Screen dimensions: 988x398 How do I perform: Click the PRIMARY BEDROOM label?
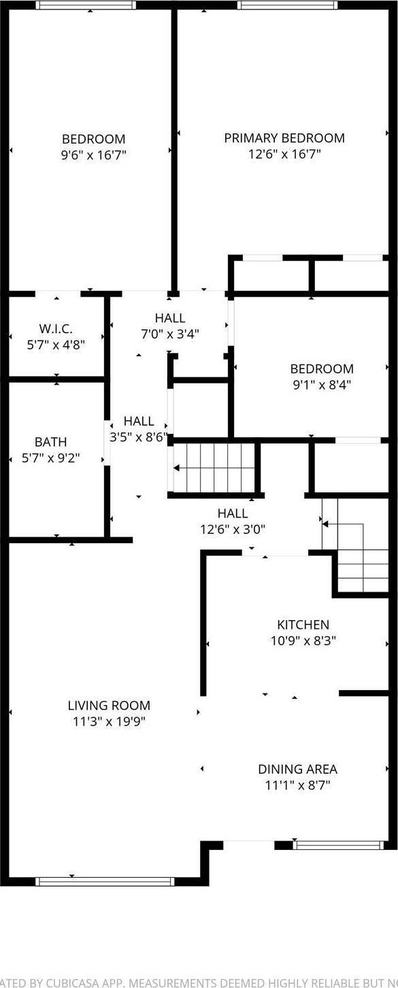(x=284, y=138)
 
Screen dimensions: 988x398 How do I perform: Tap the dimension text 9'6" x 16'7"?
(x=93, y=155)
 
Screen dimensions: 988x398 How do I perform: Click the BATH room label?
(x=51, y=442)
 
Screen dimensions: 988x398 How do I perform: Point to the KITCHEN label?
(x=303, y=624)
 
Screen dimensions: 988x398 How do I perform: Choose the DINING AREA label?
(x=297, y=769)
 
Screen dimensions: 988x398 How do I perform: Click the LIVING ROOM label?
(x=109, y=706)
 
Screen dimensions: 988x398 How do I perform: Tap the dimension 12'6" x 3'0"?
(x=232, y=529)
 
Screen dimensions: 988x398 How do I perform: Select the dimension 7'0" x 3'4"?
(x=169, y=334)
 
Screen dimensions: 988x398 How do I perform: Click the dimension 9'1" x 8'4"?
(x=322, y=385)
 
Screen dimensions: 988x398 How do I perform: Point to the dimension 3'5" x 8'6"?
(x=138, y=437)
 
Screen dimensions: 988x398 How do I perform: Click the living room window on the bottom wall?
(x=105, y=881)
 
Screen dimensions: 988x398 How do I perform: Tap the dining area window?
(x=337, y=845)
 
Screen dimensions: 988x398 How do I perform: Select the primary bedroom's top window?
(x=287, y=5)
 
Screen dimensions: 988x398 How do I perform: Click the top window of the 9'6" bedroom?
(x=86, y=5)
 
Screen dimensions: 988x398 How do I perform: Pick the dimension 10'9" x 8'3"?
(x=303, y=641)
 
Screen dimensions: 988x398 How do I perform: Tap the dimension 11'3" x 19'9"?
(x=109, y=722)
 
